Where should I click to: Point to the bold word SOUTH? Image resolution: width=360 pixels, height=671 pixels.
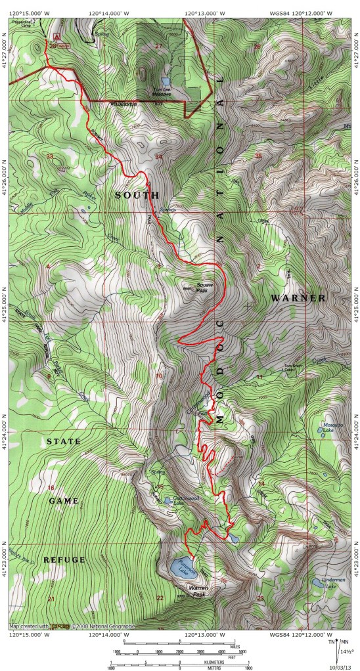tap(137, 196)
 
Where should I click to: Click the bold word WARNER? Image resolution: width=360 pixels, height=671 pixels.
tap(298, 298)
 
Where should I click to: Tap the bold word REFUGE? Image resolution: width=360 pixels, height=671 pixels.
tap(64, 559)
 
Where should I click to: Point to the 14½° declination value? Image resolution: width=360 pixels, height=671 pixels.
tap(348, 651)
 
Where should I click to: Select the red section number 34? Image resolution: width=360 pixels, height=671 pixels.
tap(158, 157)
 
